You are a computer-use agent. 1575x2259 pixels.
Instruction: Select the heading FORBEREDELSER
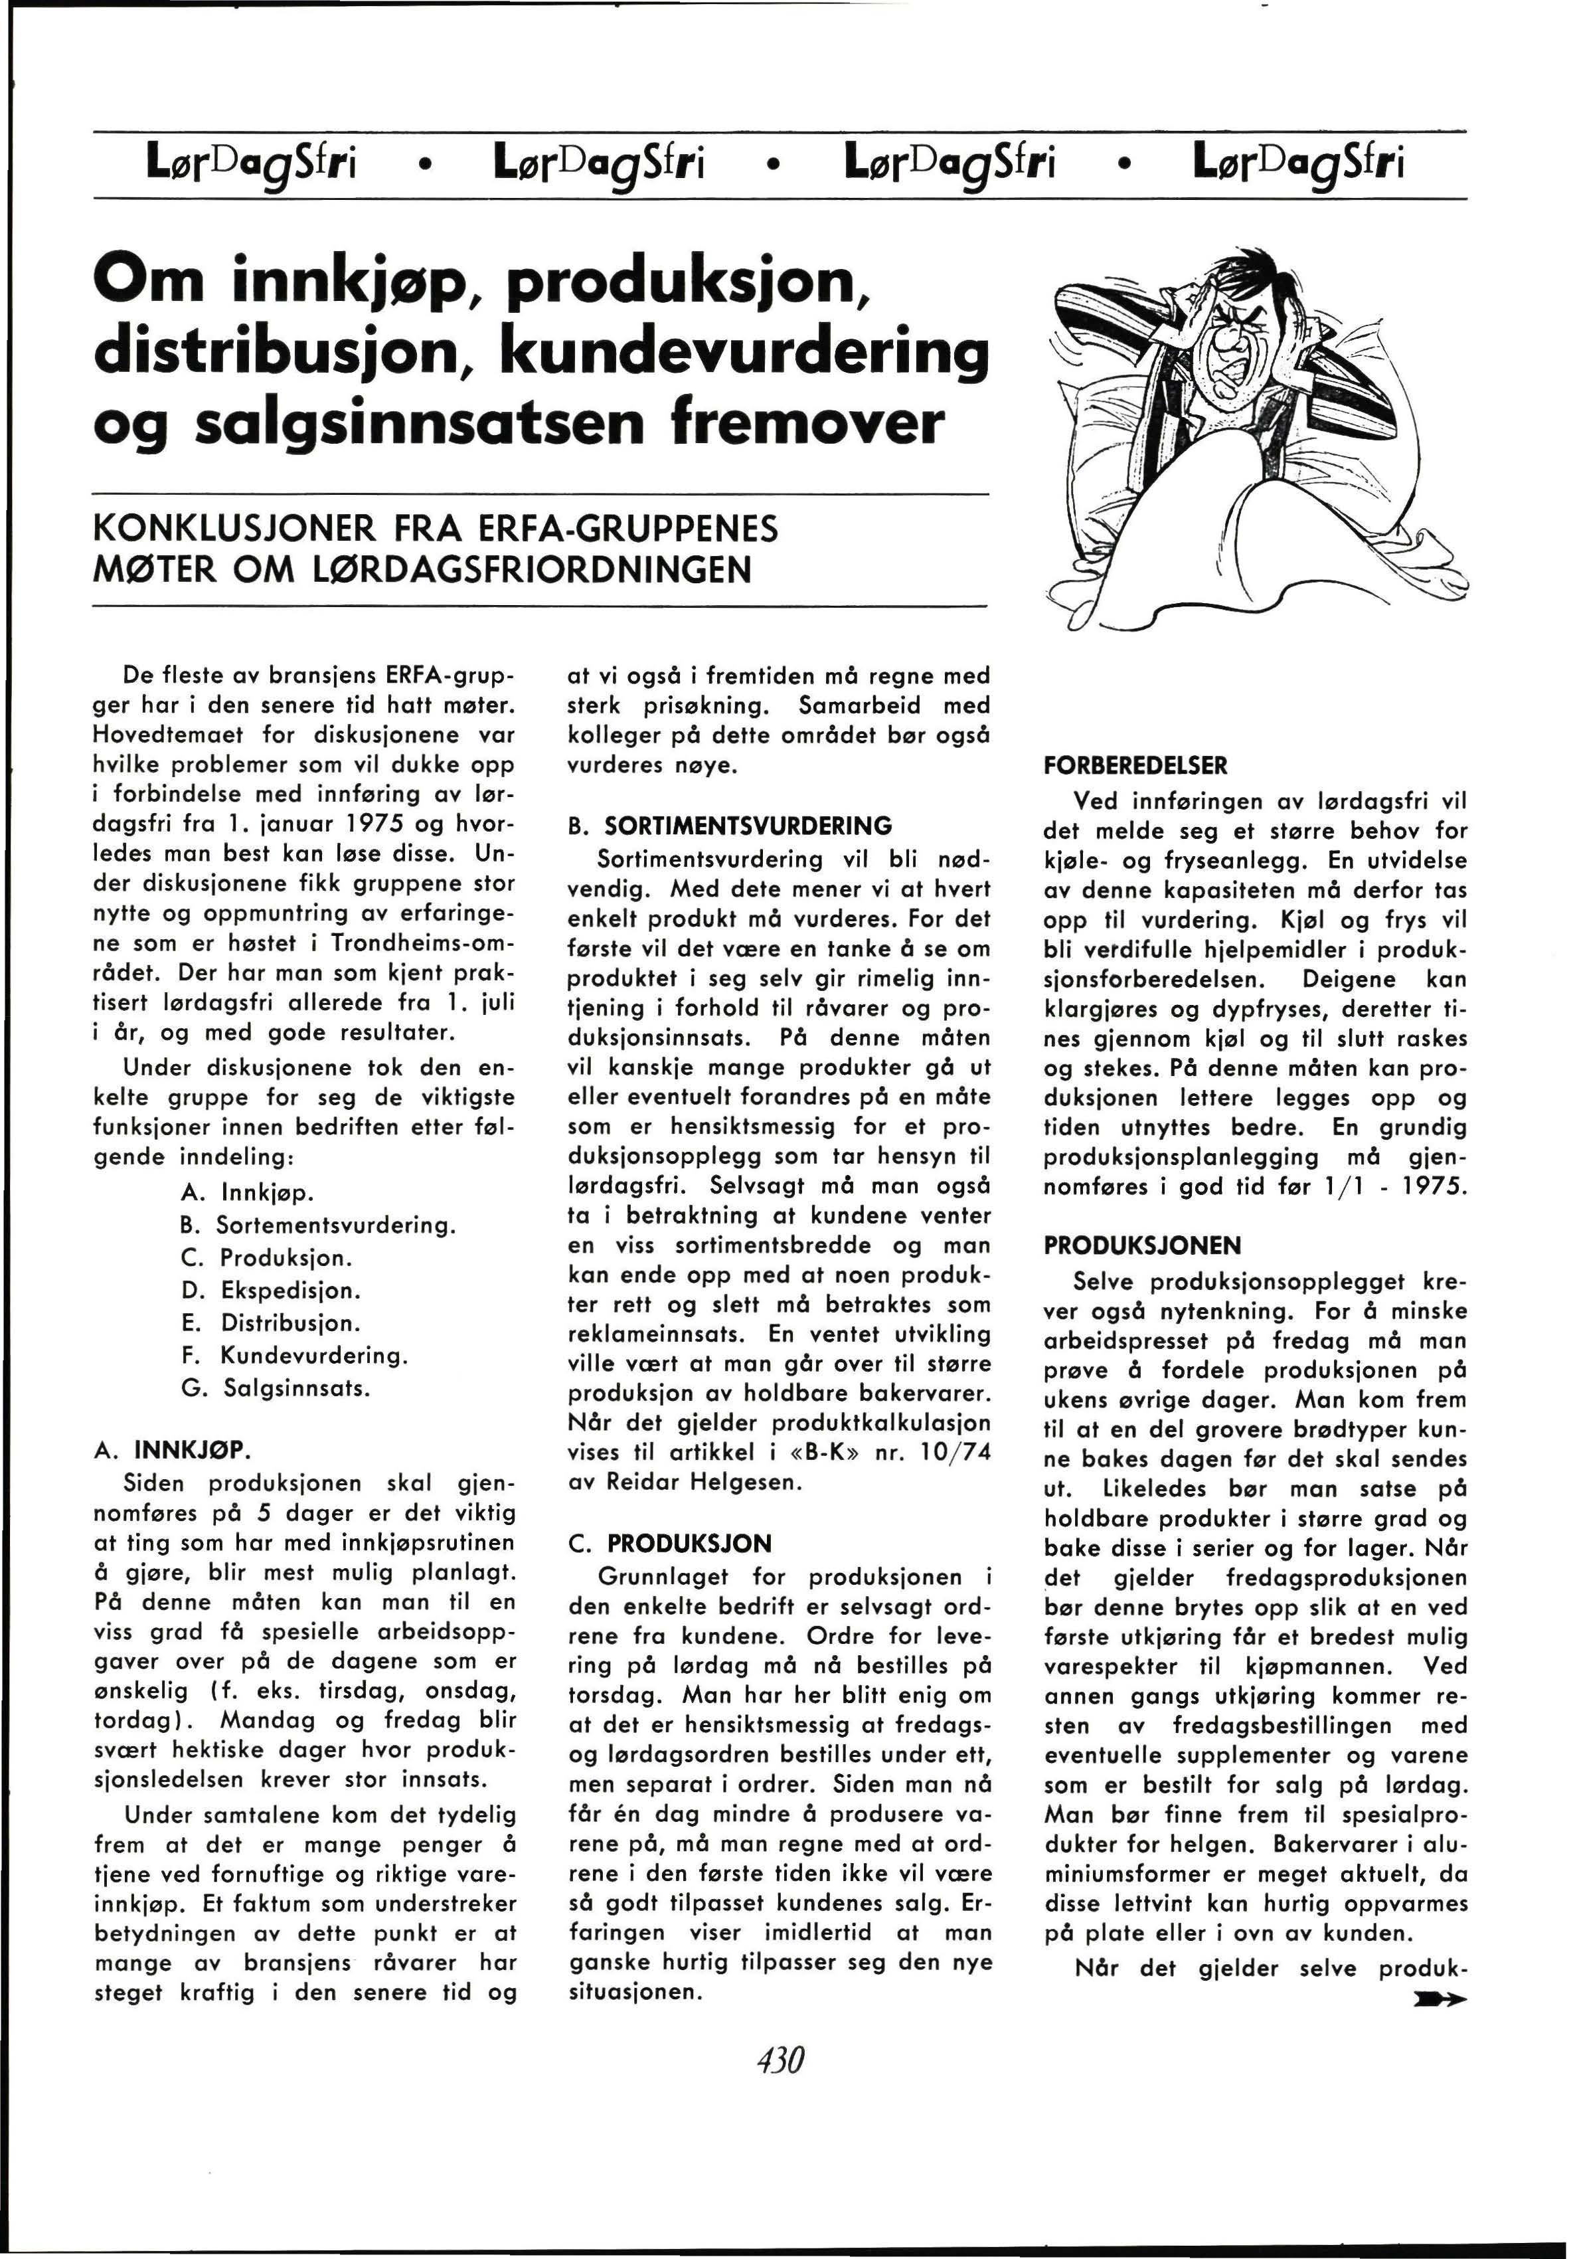click(x=1135, y=765)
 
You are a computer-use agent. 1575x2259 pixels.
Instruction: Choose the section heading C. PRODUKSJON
click(x=670, y=1543)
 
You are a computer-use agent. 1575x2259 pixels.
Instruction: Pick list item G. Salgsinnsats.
click(x=276, y=1388)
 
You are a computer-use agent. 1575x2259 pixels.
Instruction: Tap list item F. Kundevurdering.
click(x=295, y=1356)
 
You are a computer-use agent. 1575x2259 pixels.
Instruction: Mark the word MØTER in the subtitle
click(x=139, y=570)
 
